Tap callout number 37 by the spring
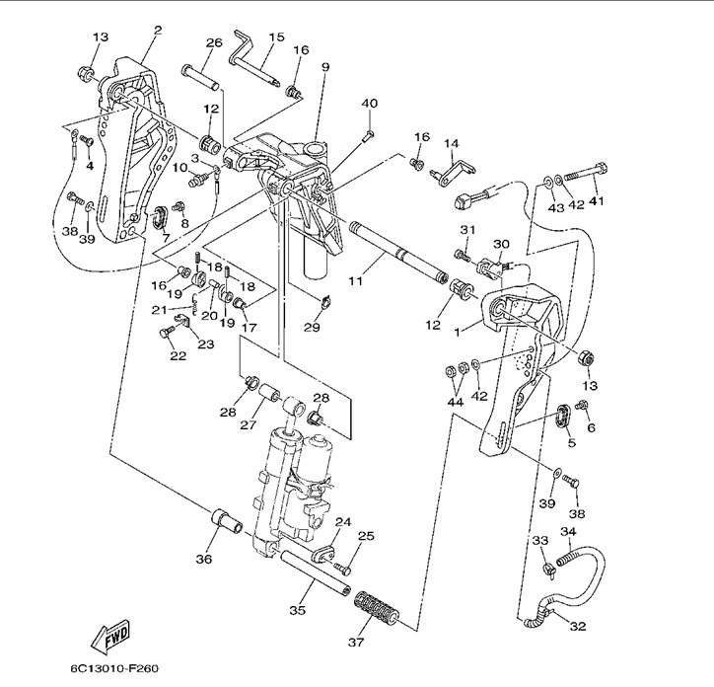pyautogui.click(x=355, y=643)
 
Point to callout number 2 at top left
pyautogui.click(x=157, y=30)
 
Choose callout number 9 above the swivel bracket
pyautogui.click(x=324, y=67)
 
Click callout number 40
pyautogui.click(x=369, y=104)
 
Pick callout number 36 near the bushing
pyautogui.click(x=203, y=560)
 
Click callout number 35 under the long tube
pyautogui.click(x=297, y=610)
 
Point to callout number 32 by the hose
pyautogui.click(x=577, y=626)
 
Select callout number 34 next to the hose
pyautogui.click(x=568, y=532)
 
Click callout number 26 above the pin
pyautogui.click(x=214, y=42)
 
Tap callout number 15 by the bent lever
pyautogui.click(x=276, y=38)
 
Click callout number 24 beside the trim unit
pyautogui.click(x=343, y=522)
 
